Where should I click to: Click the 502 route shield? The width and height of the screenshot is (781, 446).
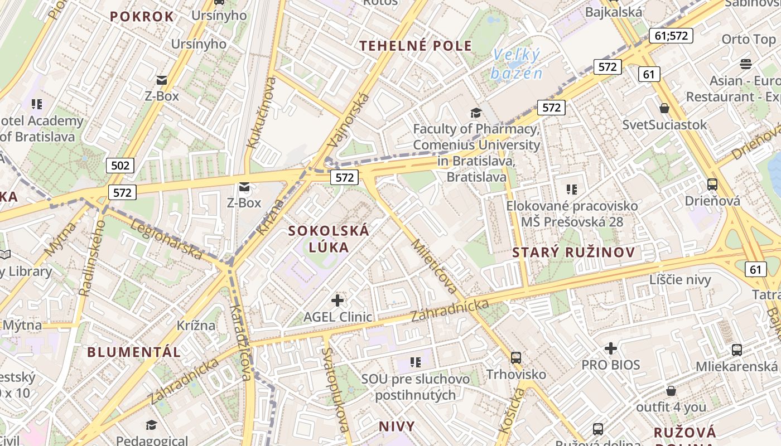(x=120, y=165)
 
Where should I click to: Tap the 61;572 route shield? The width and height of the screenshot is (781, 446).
(x=671, y=36)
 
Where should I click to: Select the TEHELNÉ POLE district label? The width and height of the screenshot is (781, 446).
(x=416, y=46)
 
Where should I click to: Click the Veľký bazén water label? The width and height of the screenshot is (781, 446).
(x=517, y=64)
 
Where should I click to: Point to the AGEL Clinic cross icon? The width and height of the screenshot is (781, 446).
(x=338, y=300)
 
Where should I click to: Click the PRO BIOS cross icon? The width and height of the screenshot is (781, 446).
(x=611, y=348)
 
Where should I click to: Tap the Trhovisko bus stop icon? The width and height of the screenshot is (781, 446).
(x=516, y=357)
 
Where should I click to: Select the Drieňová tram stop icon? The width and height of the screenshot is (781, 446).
(x=712, y=184)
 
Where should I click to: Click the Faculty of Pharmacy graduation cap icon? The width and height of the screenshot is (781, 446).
(x=475, y=113)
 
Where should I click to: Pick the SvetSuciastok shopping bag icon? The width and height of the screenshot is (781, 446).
(x=664, y=108)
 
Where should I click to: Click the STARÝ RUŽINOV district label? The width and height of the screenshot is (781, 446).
(x=573, y=252)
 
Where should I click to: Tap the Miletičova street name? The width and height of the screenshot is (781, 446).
(x=434, y=267)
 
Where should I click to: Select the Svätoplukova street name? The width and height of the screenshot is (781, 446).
(x=336, y=390)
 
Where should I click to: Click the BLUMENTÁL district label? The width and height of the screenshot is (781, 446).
(x=134, y=352)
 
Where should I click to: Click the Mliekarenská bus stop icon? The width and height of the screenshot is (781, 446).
(x=736, y=350)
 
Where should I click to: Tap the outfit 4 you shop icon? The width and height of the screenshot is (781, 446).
(x=671, y=390)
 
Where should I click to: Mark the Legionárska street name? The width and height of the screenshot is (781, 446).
(x=167, y=238)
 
